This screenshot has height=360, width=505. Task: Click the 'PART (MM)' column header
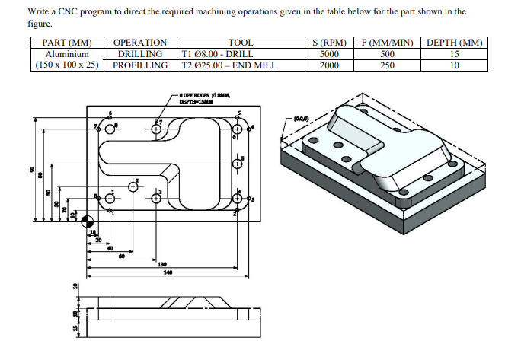(69, 43)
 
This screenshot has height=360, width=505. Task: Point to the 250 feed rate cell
(387, 65)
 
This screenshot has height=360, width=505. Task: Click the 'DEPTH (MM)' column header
(454, 43)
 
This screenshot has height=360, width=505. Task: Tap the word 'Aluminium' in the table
(69, 54)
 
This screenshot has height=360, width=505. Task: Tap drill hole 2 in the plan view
(133, 186)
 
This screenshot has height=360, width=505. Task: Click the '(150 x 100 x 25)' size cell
(69, 65)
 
